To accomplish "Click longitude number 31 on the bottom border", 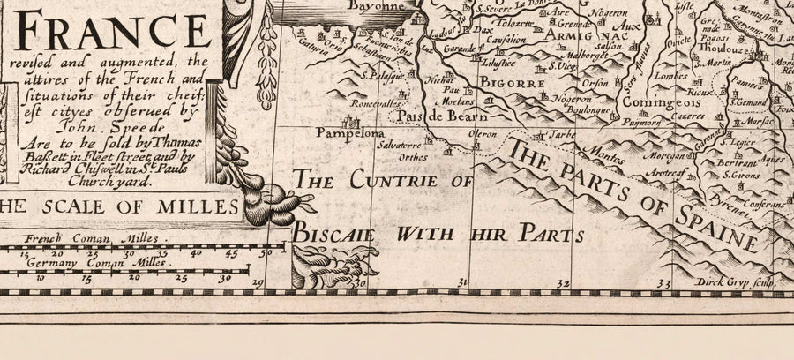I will click(x=460, y=282).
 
